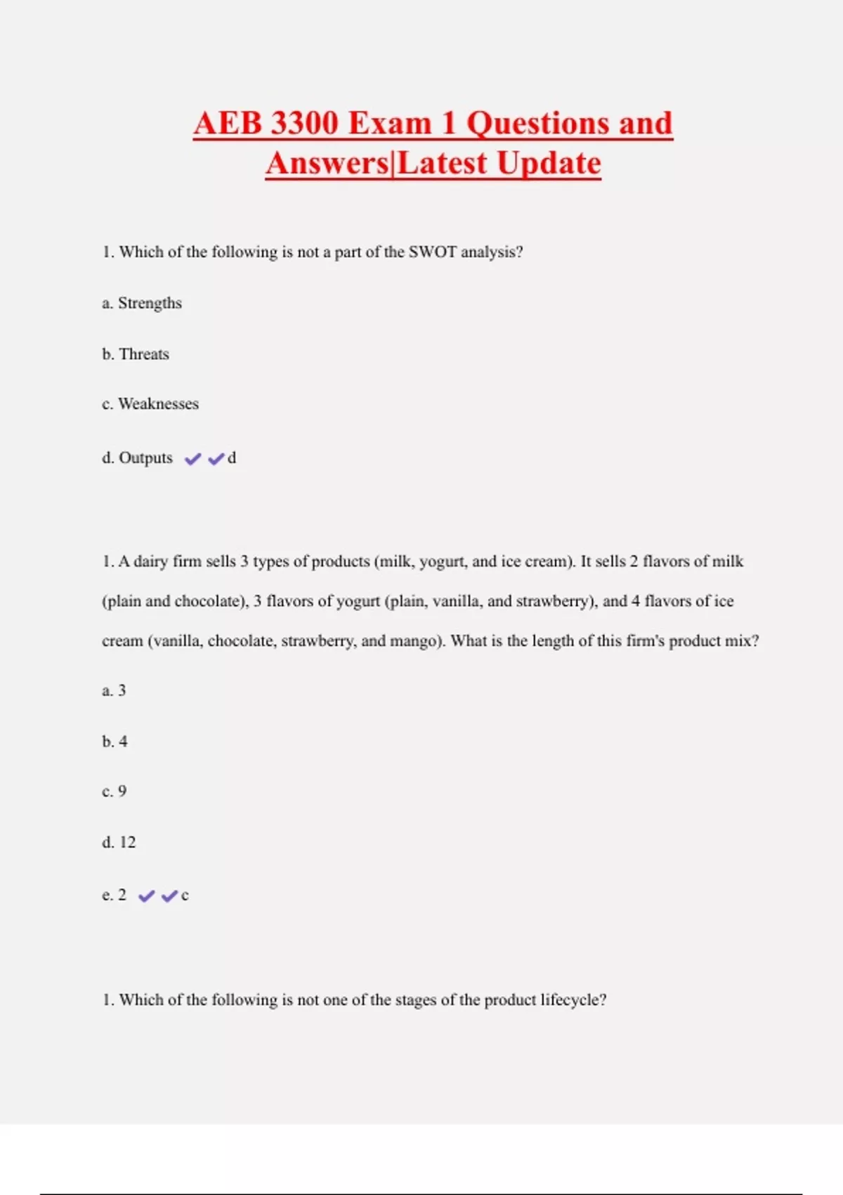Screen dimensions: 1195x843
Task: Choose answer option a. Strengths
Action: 142,303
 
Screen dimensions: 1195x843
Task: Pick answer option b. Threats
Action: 136,354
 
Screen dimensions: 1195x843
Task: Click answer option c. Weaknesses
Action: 150,404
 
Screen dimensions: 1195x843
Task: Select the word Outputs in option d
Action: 145,458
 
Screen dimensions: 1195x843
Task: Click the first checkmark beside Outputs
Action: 192,459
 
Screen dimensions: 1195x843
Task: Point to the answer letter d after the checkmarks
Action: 232,458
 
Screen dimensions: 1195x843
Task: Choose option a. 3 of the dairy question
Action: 114,691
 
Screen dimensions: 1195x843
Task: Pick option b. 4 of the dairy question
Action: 115,742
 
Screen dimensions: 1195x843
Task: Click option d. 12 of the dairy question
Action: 119,843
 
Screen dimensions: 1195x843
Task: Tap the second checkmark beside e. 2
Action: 169,896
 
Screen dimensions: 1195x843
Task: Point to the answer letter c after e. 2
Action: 185,896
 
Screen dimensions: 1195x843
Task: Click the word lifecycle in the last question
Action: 573,1000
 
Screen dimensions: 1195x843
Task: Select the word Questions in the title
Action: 538,124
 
